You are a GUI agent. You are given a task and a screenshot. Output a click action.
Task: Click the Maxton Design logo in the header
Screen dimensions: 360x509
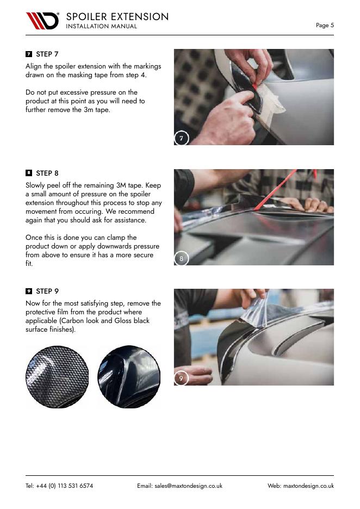tap(42, 21)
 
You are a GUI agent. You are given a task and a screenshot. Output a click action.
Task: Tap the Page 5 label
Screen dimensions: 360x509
tap(325, 25)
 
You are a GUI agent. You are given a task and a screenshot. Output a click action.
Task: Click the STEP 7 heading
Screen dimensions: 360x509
tap(47, 54)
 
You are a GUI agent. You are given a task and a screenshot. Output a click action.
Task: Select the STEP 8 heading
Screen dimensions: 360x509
tap(47, 173)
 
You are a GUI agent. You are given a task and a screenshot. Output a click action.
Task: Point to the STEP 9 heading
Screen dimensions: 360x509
tap(47, 291)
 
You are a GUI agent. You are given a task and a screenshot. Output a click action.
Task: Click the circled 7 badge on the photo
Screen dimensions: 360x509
tap(181, 138)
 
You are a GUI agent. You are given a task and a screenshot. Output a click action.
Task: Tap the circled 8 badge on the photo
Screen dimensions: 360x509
tap(181, 258)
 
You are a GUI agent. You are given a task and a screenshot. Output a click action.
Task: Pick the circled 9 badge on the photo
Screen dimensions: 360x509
tap(181, 378)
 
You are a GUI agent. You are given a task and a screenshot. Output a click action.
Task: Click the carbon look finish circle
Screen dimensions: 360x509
tap(57, 377)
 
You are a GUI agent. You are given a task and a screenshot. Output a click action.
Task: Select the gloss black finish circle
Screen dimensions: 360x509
tap(129, 377)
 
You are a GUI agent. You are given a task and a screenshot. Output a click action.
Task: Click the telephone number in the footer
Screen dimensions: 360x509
tap(59, 486)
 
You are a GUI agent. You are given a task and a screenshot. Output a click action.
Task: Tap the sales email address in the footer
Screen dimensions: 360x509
tap(179, 486)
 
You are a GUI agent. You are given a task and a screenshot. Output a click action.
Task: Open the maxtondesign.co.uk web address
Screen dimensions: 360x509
tap(308, 486)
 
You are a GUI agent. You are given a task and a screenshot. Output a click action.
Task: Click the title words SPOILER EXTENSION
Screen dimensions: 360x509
tap(117, 16)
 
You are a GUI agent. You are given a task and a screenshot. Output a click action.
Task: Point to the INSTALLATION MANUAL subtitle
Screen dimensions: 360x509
tap(101, 26)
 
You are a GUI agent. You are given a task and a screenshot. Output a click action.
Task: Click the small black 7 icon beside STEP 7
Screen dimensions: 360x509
tap(29, 54)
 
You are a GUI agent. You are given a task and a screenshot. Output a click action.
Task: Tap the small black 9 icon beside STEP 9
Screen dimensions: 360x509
tap(29, 291)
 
